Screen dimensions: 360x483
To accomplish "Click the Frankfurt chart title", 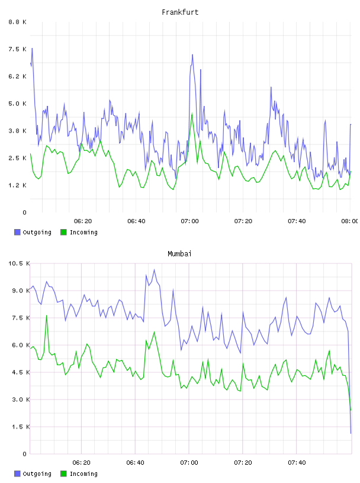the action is [x=180, y=12].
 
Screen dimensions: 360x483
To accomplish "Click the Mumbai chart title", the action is [x=179, y=254].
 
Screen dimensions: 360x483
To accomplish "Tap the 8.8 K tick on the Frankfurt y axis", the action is [x=18, y=22].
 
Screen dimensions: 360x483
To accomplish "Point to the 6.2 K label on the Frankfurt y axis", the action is [x=18, y=76].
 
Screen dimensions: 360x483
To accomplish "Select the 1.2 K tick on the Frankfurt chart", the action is [x=18, y=185].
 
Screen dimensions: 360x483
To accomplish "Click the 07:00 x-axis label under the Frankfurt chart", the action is [x=189, y=221].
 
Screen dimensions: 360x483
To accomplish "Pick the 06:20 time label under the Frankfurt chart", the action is [x=83, y=221].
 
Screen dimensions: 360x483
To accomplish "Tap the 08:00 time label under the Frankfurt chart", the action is [x=350, y=221].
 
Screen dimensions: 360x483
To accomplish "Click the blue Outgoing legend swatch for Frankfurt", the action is [x=17, y=232].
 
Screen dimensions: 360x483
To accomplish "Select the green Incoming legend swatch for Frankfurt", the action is [x=63, y=232].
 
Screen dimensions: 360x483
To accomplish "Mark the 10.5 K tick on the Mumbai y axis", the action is [x=19, y=263].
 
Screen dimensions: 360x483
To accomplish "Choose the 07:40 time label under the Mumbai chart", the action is [x=297, y=462].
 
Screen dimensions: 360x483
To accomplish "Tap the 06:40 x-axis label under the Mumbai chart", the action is [x=136, y=462].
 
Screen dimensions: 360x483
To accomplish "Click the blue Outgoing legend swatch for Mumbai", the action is [x=17, y=474].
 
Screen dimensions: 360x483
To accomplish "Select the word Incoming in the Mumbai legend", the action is [x=83, y=474].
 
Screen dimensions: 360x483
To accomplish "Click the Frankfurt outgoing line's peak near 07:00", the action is [x=192, y=55].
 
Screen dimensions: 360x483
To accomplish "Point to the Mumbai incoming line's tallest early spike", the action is [x=47, y=315].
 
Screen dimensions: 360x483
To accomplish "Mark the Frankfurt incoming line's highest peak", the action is [x=192, y=114].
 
